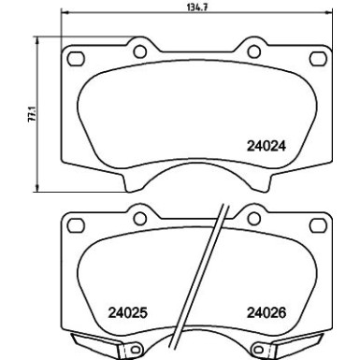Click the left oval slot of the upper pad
(x=76, y=61)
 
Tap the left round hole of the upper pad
(x=139, y=52)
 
